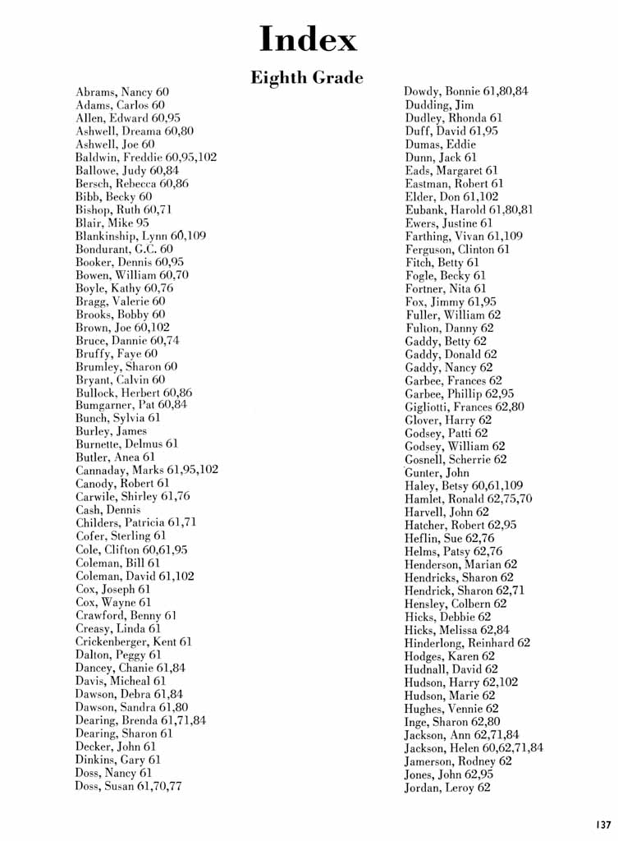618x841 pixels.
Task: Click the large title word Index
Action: [x=308, y=39]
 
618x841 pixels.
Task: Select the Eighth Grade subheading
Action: [x=306, y=78]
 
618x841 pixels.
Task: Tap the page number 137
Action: [x=603, y=825]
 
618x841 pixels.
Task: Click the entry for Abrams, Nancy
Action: [x=121, y=92]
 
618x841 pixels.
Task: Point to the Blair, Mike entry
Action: [x=112, y=223]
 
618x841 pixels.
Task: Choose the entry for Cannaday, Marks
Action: [x=147, y=471]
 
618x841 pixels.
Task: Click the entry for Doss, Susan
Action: [x=128, y=786]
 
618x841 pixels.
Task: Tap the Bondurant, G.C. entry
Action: [x=124, y=249]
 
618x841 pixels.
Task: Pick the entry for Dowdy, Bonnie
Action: [x=466, y=91]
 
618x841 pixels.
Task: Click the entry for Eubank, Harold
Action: [x=469, y=209]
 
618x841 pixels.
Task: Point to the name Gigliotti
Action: [x=428, y=407]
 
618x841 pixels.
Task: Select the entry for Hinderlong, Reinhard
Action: [x=467, y=643]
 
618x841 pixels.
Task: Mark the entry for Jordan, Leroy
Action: [x=447, y=788]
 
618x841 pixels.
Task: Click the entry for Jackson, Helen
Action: [x=474, y=748]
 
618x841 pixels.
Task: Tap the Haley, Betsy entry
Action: [x=464, y=485]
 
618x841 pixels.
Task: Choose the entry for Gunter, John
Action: [x=437, y=472]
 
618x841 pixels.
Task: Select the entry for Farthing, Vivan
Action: [x=464, y=236]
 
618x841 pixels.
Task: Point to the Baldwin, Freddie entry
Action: [x=146, y=157]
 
